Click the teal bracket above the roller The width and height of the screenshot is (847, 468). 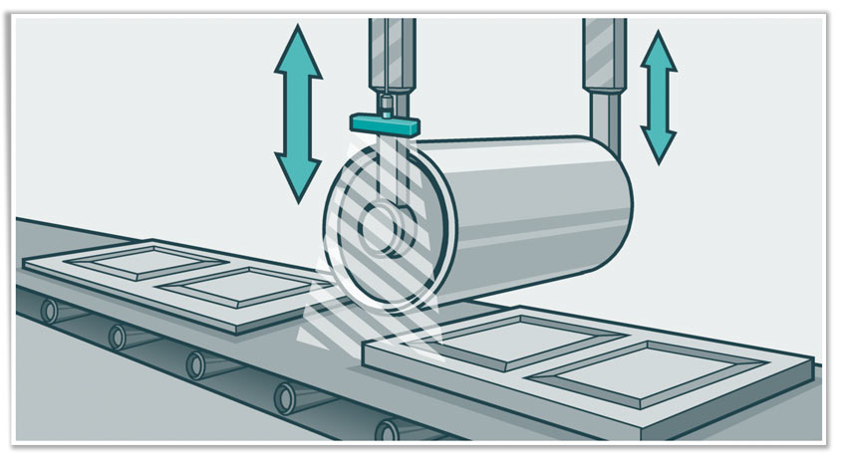[385, 123]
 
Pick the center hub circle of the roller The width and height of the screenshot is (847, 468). [378, 228]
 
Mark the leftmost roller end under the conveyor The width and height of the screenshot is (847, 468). [48, 312]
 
